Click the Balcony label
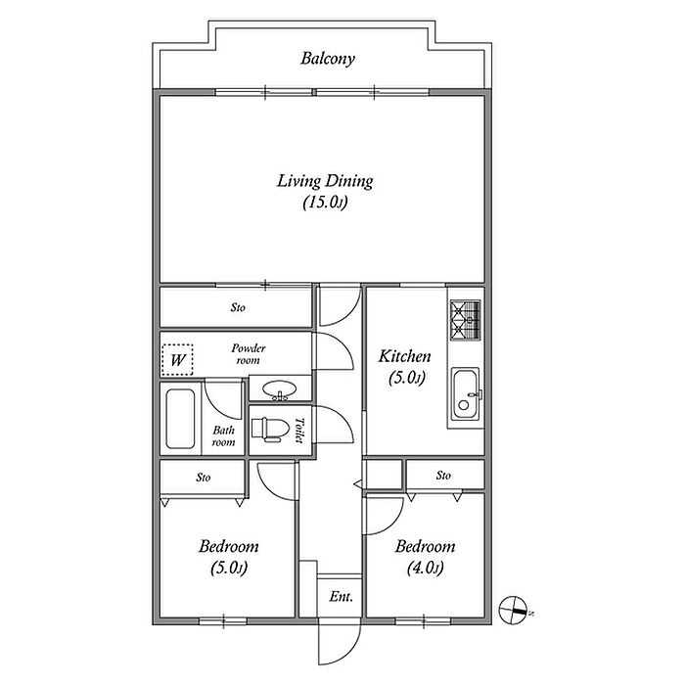[327, 59]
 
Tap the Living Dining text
[325, 181]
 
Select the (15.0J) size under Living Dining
[325, 203]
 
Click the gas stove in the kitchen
[465, 320]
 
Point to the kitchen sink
[466, 394]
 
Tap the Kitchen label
[404, 356]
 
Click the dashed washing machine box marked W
[177, 360]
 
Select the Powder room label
[249, 354]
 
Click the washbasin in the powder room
[280, 388]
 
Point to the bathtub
[180, 419]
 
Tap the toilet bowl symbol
[270, 430]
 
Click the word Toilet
[299, 431]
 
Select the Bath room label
[224, 436]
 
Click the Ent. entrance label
[341, 596]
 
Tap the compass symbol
[514, 610]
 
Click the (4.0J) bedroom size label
[425, 568]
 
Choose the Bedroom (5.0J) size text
[229, 568]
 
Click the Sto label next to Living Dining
[238, 307]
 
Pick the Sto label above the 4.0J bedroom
[443, 476]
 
